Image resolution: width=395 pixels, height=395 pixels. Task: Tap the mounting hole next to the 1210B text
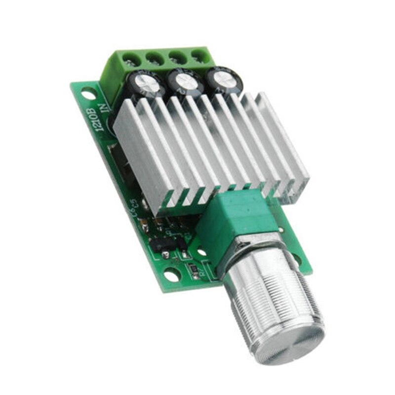[87, 92]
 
